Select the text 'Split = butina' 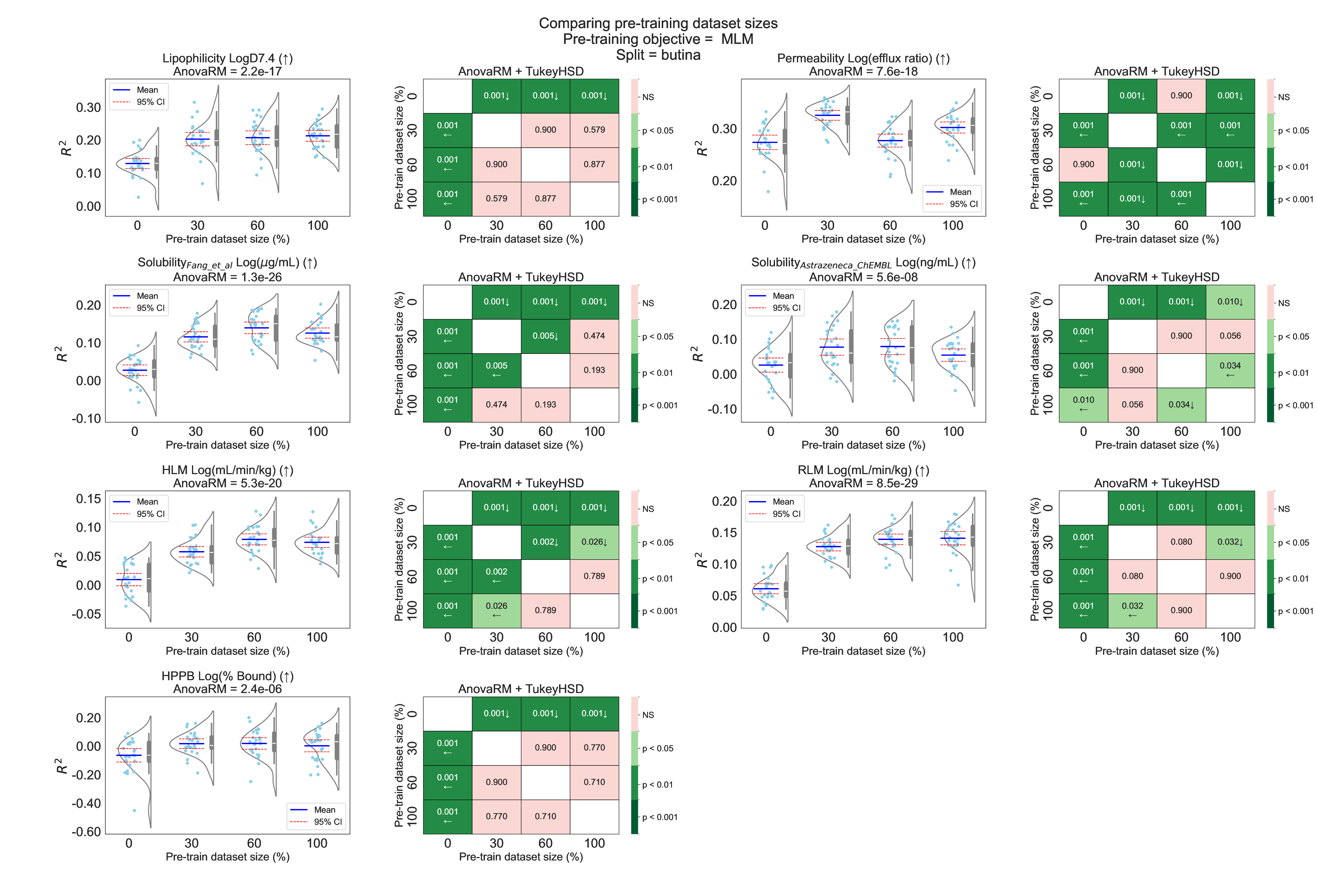tap(658, 55)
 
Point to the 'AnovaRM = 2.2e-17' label tap(227, 71)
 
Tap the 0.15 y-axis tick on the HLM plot tap(88, 499)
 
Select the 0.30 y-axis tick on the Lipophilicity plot tap(88, 107)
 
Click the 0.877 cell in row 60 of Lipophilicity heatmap tap(594, 164)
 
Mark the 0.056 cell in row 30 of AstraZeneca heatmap tap(1230, 336)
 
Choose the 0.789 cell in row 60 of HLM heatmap tap(594, 576)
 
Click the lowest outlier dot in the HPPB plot tap(134, 810)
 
